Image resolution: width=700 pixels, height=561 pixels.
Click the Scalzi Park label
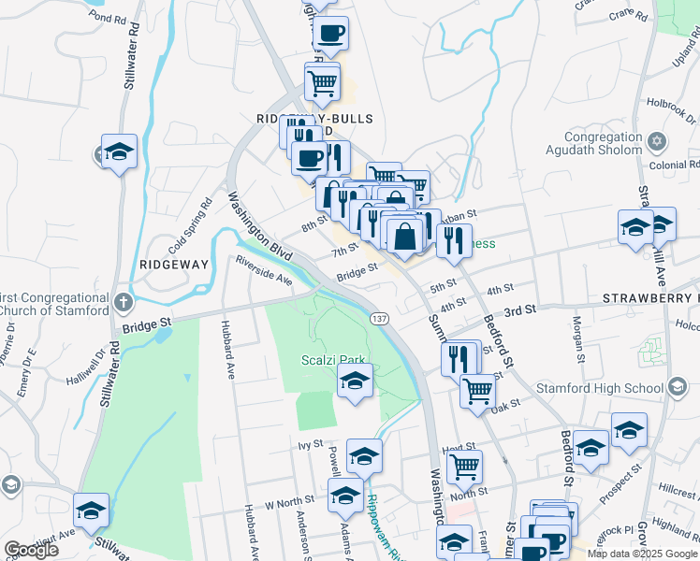click(333, 359)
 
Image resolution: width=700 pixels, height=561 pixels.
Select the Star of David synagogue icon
click(656, 142)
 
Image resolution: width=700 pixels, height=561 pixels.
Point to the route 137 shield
click(379, 319)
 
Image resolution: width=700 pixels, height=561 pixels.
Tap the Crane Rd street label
click(627, 15)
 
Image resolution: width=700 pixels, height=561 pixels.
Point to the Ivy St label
click(310, 445)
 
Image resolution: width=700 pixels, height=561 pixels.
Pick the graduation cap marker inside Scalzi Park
click(355, 381)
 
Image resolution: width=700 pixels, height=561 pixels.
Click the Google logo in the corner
click(31, 551)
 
